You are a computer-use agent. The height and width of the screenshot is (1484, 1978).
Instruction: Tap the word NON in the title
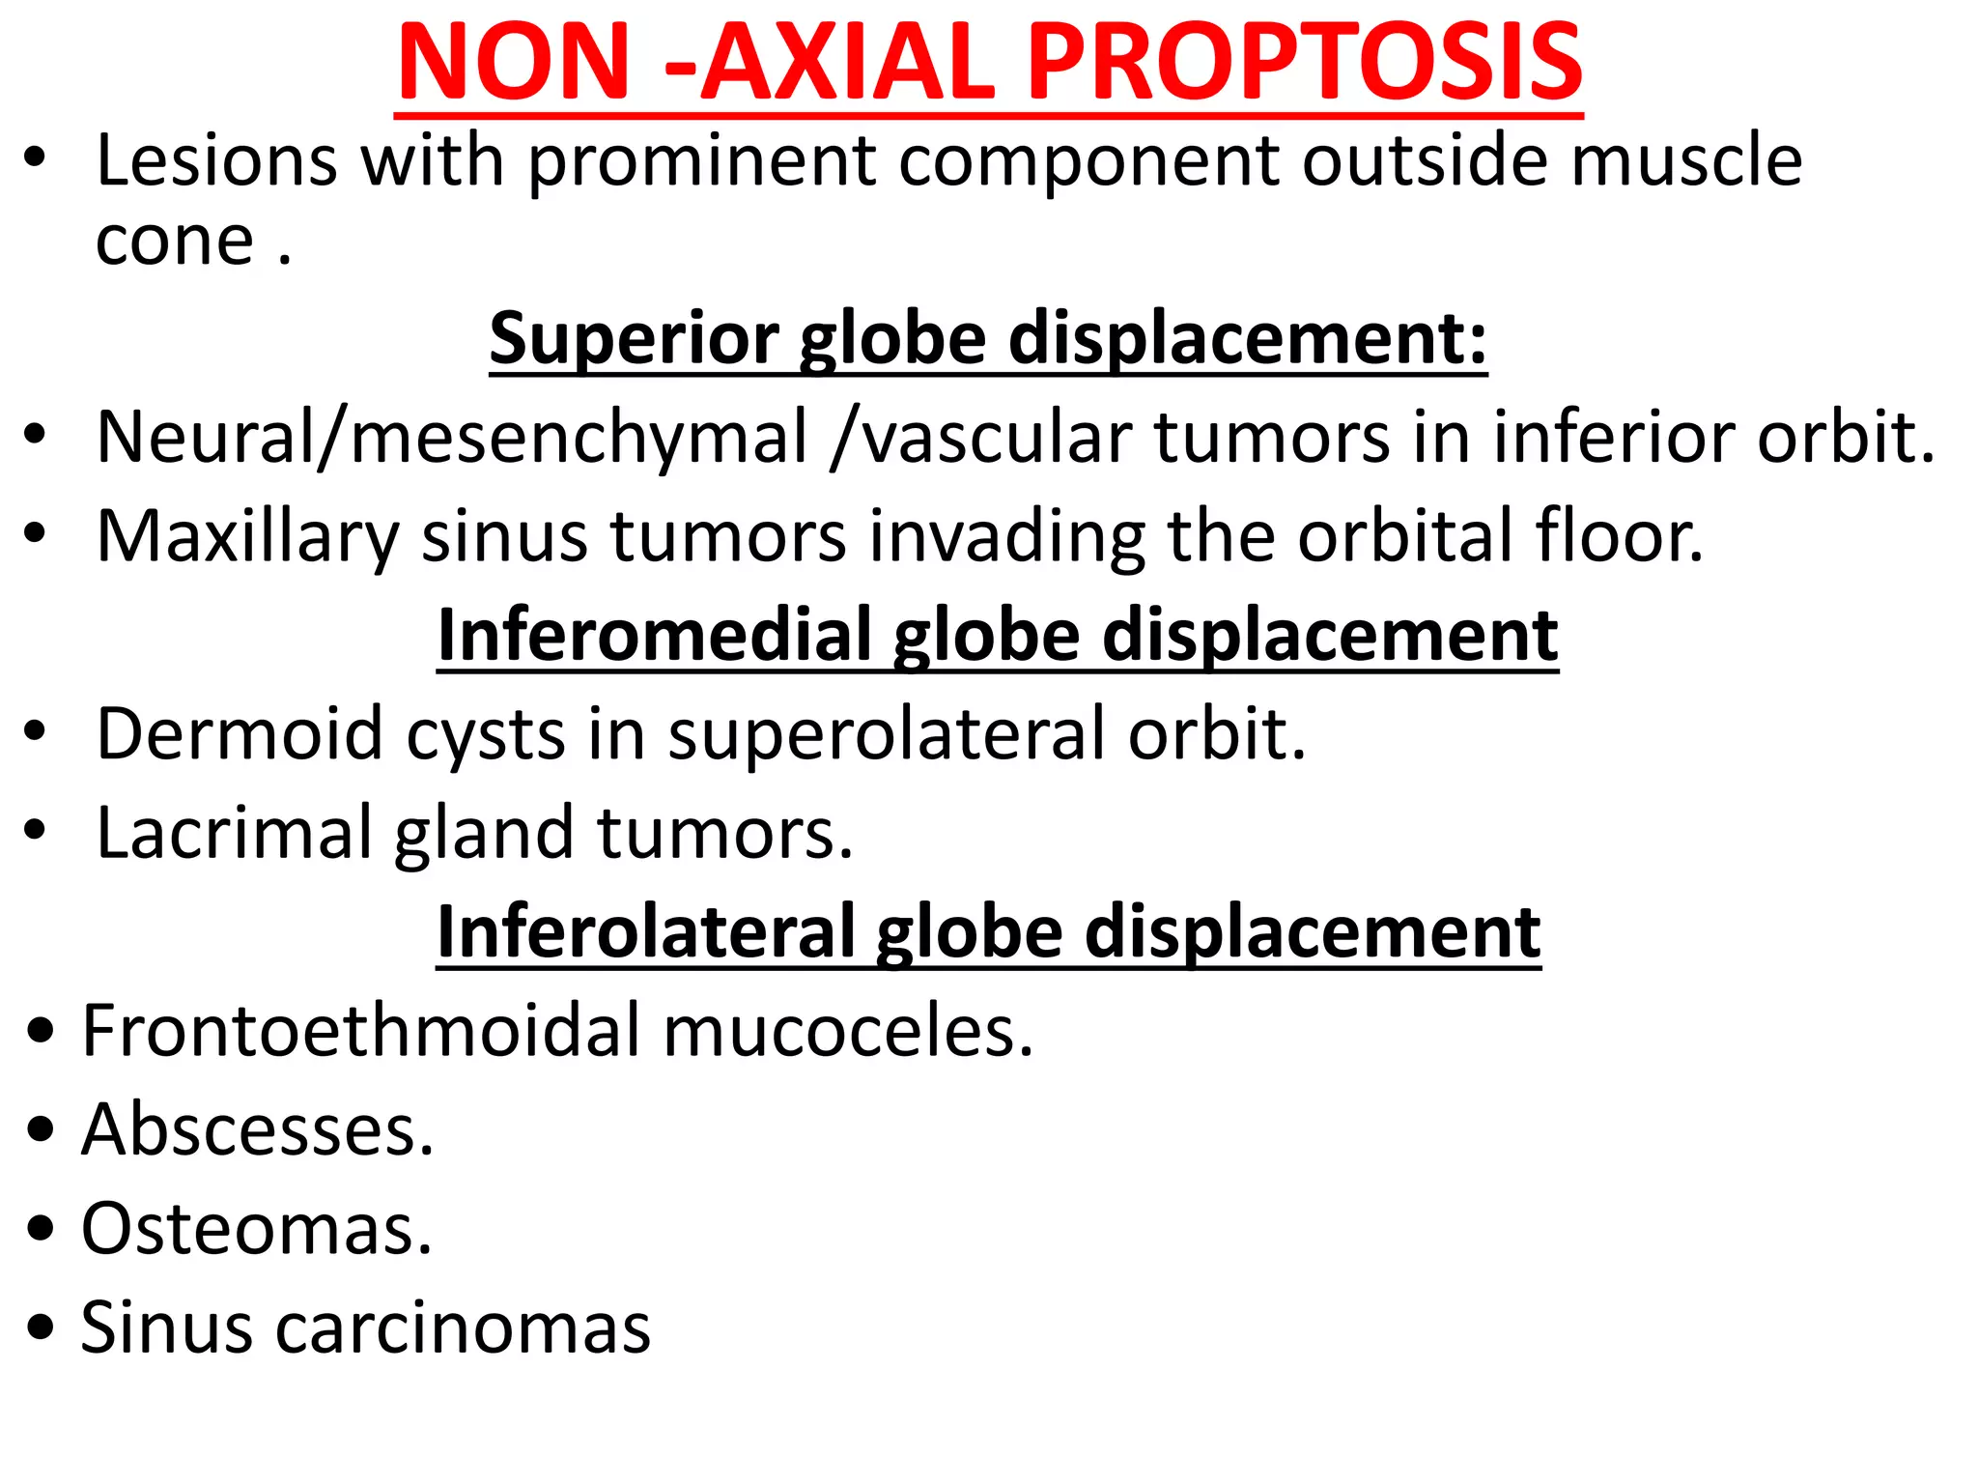coord(514,64)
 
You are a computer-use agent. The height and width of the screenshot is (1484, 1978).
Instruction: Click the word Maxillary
coord(247,536)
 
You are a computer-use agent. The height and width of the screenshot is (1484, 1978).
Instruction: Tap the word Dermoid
coord(240,734)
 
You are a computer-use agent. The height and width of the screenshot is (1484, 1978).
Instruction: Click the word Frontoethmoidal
coord(361,1031)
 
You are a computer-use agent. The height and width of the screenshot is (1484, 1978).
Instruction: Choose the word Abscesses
coord(257,1129)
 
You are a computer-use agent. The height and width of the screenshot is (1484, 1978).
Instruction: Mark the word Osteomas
coord(256,1229)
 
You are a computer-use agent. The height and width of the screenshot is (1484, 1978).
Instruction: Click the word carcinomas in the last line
coord(464,1328)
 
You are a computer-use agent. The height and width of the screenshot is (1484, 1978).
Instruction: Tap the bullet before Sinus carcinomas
coord(41,1328)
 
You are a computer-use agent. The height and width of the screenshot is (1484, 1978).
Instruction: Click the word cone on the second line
coord(175,242)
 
